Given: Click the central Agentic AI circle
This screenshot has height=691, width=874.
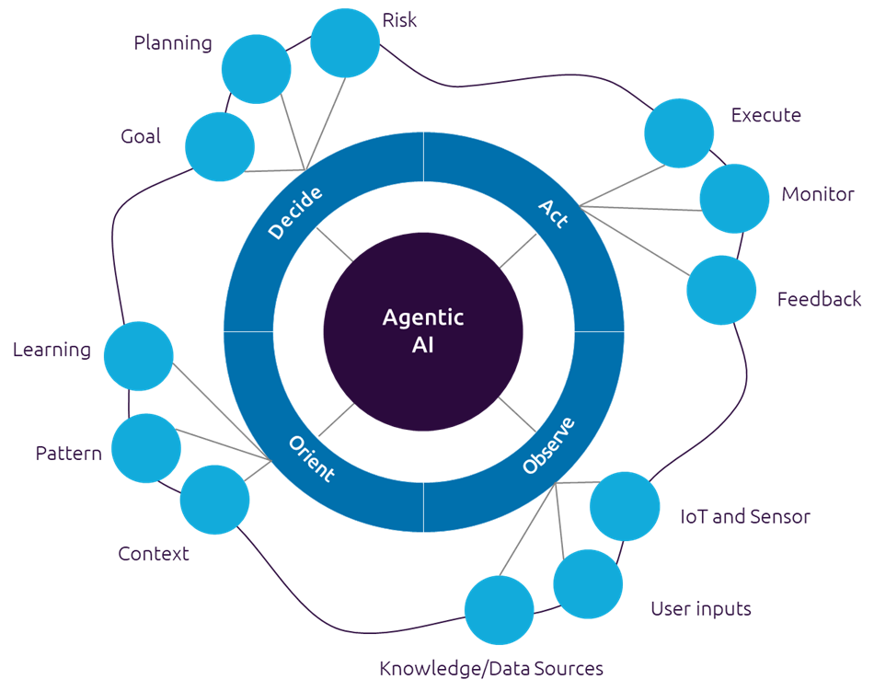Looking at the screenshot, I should pos(422,331).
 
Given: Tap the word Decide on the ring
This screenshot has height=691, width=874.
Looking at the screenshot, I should pos(295,213).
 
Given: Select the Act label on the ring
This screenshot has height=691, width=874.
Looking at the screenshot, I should pos(553,214).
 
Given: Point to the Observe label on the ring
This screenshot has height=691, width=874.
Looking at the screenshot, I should pos(548,446).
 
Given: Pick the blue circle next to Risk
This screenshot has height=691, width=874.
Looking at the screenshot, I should pos(345,42).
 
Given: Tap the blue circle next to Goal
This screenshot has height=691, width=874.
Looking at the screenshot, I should pos(220,146).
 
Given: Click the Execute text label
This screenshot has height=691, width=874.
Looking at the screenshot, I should pos(765,116).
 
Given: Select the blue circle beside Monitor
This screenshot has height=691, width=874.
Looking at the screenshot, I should pos(734,198).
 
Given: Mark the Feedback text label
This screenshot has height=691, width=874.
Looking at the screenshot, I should pos(819,300).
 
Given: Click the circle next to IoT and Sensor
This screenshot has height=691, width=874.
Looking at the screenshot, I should pos(625,506).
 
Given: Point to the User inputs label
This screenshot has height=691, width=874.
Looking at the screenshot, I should pos(701,609).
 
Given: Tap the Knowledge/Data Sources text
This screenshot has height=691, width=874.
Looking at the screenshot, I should pos(491,669).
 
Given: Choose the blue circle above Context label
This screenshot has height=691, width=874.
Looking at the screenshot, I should pos(214,500).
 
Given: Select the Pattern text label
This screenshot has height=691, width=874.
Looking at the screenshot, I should pos(68,454).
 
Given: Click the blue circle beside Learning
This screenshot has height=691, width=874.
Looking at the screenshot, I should pos(138,355).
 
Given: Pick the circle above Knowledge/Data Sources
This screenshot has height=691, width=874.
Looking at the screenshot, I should pos(499,610).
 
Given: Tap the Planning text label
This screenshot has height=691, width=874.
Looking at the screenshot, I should pos(172,43).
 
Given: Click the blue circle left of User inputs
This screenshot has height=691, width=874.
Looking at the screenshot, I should pos(588,584).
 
